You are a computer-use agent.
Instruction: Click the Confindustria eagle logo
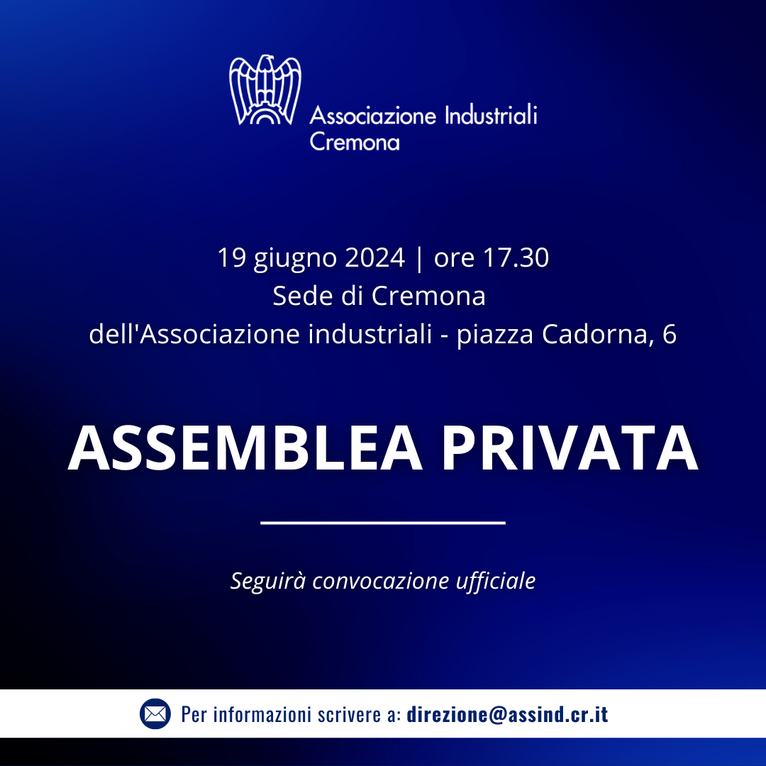pos(265,90)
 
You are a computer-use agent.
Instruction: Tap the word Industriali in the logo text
pos(491,116)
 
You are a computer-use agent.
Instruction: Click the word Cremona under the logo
pos(355,142)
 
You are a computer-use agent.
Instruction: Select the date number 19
pos(231,257)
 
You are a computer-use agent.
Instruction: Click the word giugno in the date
pos(295,260)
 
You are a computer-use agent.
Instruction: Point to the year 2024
pos(374,257)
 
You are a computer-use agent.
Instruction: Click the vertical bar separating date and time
pos(419,258)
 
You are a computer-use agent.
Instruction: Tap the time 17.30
pos(516,257)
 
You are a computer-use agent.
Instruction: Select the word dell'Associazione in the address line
pos(194,334)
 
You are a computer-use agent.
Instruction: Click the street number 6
pos(670,334)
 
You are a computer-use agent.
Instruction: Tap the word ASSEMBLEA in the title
pos(245,448)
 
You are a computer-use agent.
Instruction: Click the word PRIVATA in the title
pos(570,448)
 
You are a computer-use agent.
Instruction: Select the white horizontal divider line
pos(383,523)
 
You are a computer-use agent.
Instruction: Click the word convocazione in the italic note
pos(381,581)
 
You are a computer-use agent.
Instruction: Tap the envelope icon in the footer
pos(155,714)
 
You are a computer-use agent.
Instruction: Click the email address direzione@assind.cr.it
pos(508,714)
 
